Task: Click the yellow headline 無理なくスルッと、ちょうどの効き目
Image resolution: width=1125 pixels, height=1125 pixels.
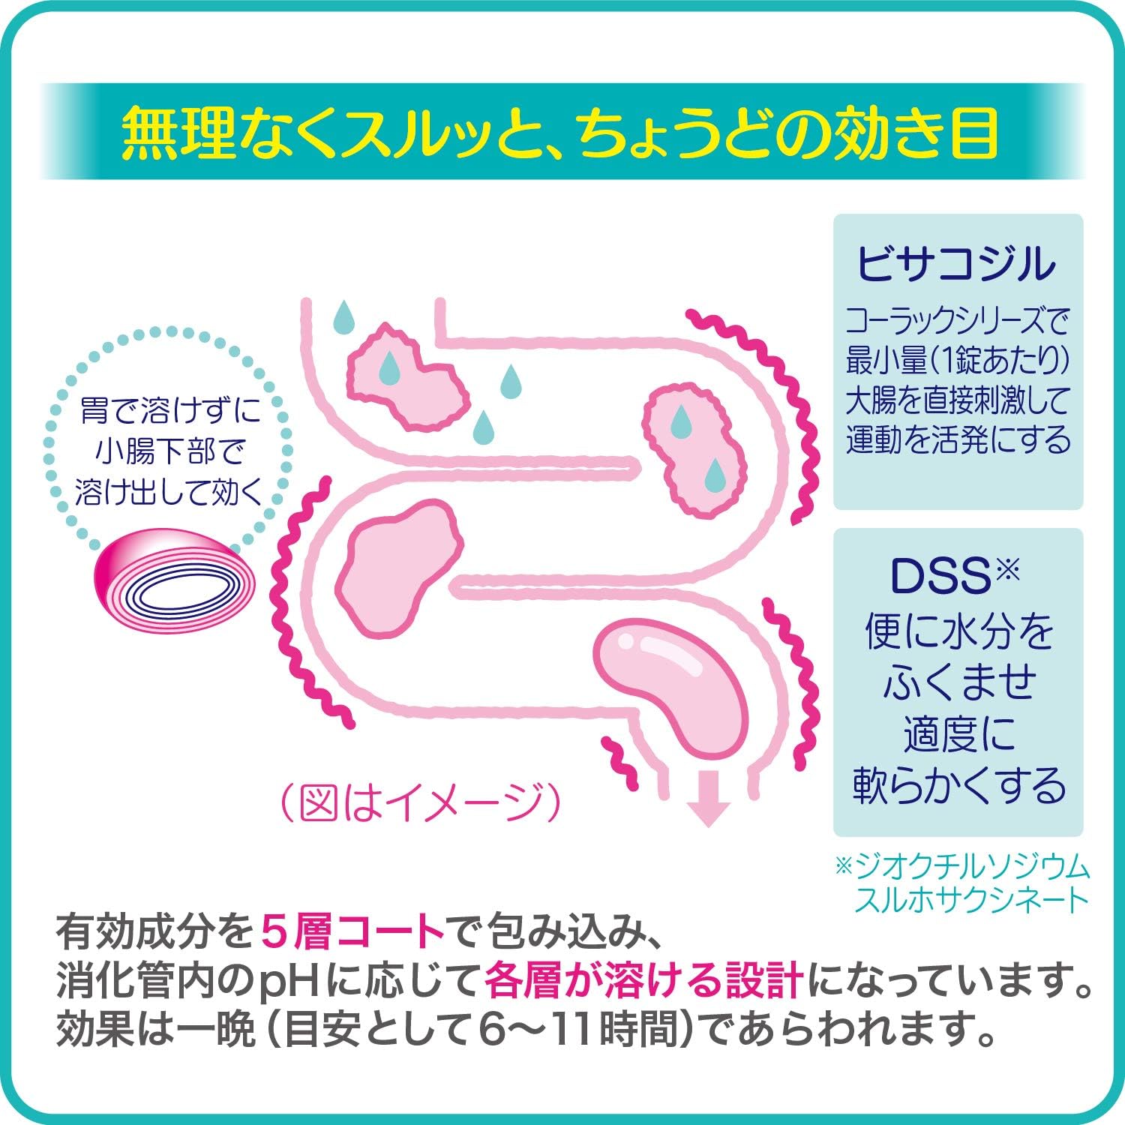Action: pyautogui.click(x=561, y=132)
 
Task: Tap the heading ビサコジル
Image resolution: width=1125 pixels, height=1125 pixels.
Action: pyautogui.click(x=958, y=263)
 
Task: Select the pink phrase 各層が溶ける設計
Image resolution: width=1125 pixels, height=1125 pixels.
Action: pyautogui.click(x=645, y=982)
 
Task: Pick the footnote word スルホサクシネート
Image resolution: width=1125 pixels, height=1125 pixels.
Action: pyautogui.click(x=971, y=900)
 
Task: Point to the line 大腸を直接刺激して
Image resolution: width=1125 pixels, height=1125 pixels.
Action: pyautogui.click(x=958, y=402)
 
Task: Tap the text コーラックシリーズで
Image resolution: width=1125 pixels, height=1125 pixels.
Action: pyautogui.click(x=958, y=322)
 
